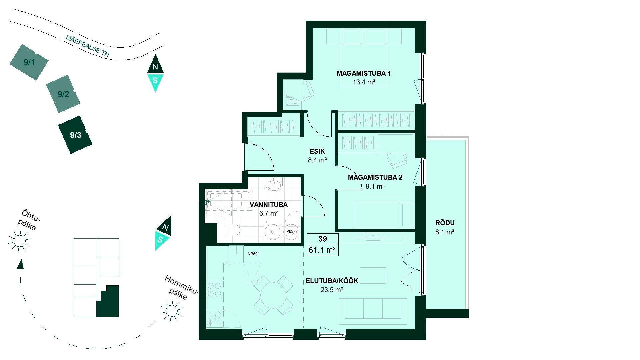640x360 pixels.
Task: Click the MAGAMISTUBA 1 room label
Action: point(363,73)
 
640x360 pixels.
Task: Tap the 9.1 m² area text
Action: point(375,187)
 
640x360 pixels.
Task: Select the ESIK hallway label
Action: point(317,151)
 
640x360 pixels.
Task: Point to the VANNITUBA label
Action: point(269,205)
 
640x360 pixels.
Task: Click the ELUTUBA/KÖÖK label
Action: point(332,281)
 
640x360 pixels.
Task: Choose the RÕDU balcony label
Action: point(445,223)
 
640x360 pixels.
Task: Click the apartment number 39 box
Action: point(323,239)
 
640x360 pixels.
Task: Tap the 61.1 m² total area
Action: point(322,250)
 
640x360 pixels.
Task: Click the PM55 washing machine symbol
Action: point(291,232)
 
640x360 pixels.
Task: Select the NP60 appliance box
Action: point(252,254)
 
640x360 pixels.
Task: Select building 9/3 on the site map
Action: point(75,135)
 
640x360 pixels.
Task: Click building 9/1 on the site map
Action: point(29,62)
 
